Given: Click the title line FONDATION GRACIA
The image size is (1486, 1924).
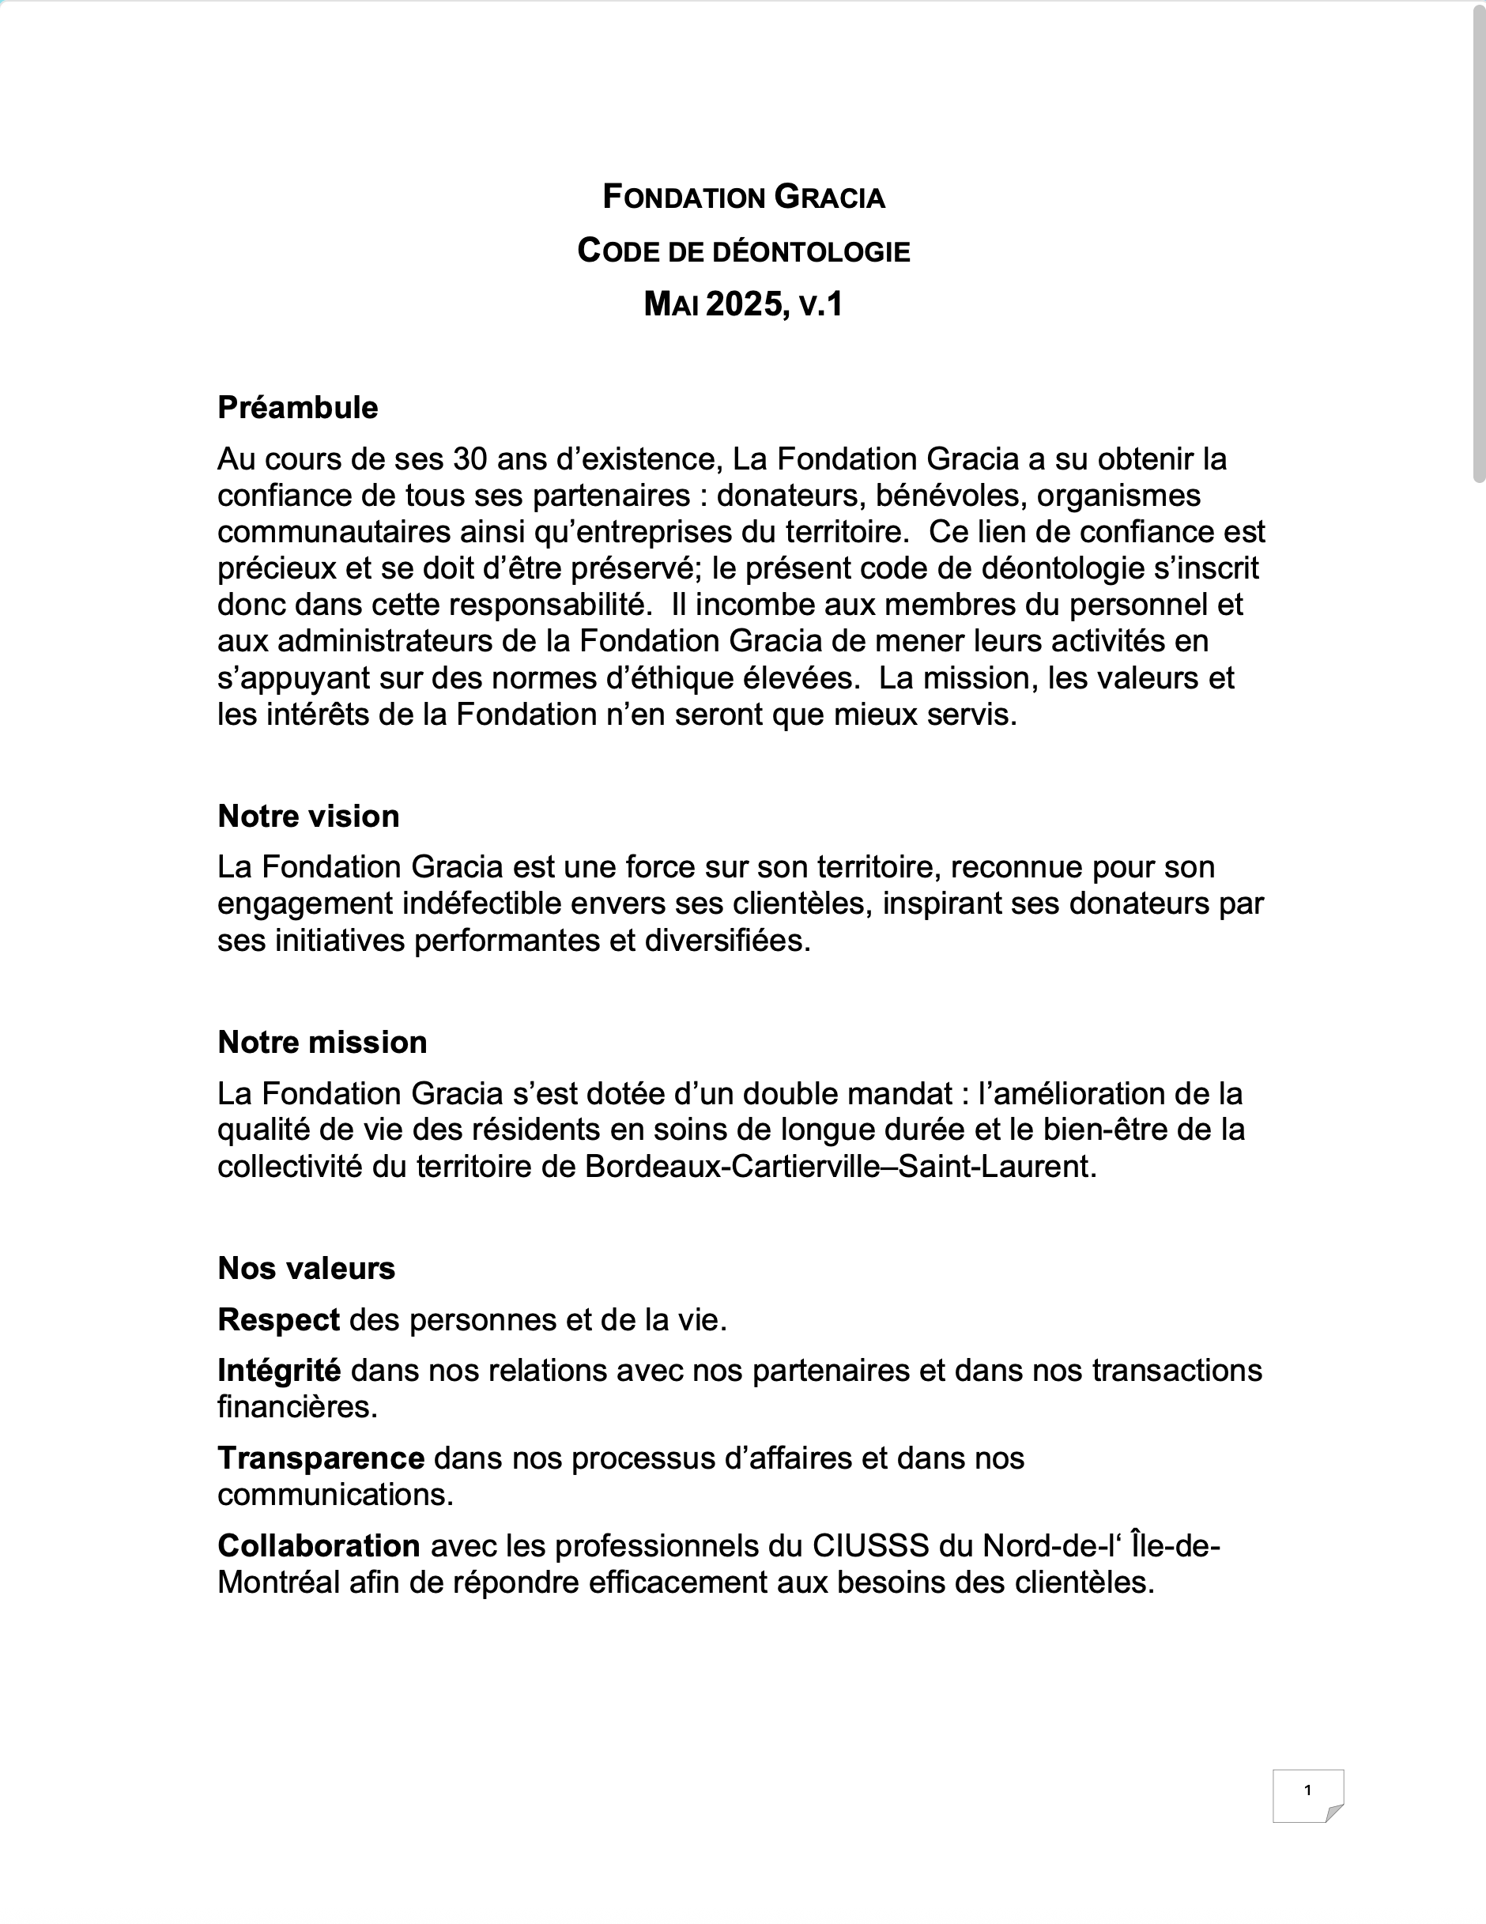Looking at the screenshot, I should pyautogui.click(x=744, y=198).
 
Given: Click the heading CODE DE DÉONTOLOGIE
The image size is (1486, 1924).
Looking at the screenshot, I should pyautogui.click(x=744, y=252).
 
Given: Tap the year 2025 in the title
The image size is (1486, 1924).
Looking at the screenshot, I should pyautogui.click(x=744, y=305).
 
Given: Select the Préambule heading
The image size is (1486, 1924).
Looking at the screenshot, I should pyautogui.click(x=298, y=408).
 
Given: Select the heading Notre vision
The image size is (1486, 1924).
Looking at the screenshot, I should pyautogui.click(x=308, y=817).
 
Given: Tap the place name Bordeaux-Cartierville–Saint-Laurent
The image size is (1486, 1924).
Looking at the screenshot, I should pyautogui.click(x=840, y=1167).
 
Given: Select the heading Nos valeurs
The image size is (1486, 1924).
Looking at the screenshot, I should pyautogui.click(x=307, y=1269).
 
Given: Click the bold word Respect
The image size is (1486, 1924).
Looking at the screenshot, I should pyautogui.click(x=278, y=1319).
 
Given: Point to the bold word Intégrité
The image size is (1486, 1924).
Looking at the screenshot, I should pyautogui.click(x=279, y=1371).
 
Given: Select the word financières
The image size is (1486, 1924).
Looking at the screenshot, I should pyautogui.click(x=297, y=1407).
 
